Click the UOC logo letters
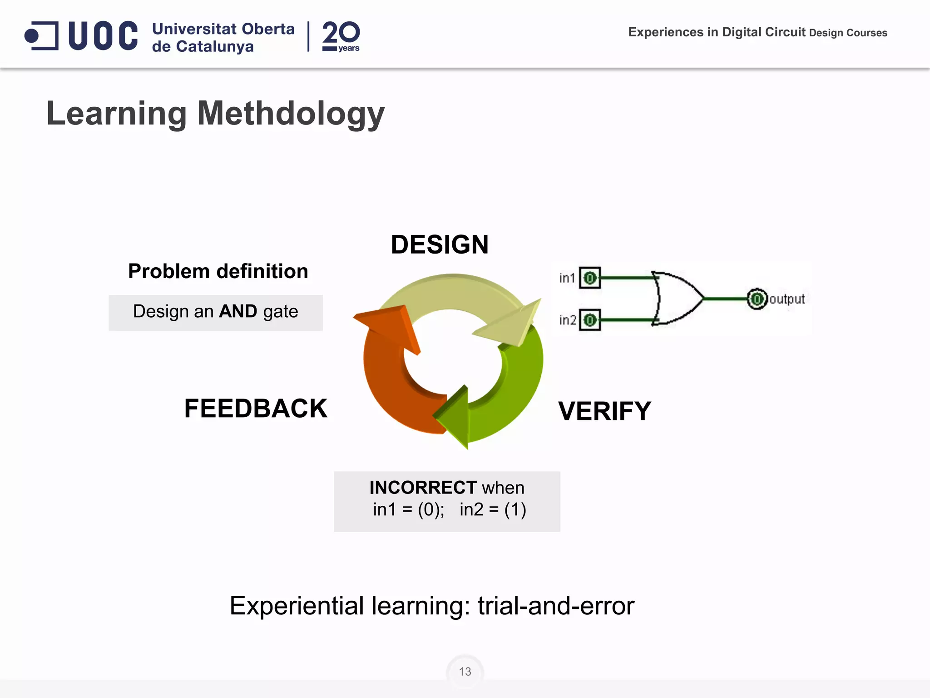tap(103, 35)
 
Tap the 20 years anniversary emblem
tap(341, 36)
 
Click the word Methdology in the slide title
tap(291, 114)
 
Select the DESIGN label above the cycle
tap(440, 244)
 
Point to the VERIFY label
tap(604, 411)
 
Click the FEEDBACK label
tap(256, 408)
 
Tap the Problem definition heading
tap(218, 271)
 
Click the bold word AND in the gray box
tap(238, 312)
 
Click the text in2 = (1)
tap(493, 509)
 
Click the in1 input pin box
tap(590, 278)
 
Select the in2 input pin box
tap(590, 320)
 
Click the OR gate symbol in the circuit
tap(677, 299)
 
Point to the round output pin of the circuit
tap(757, 299)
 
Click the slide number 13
tap(465, 672)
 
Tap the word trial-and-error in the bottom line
tap(556, 606)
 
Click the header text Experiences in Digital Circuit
tap(717, 32)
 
